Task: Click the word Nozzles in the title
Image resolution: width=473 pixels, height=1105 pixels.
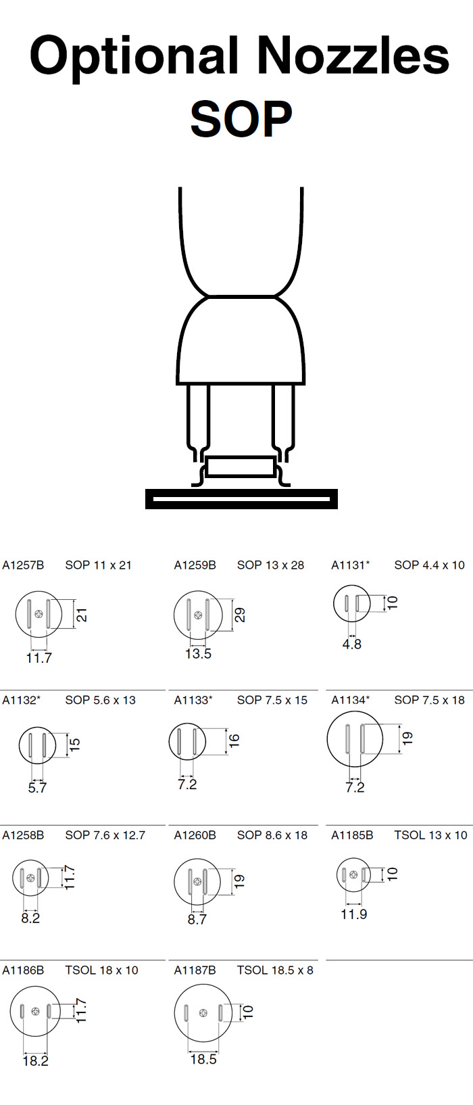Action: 353,55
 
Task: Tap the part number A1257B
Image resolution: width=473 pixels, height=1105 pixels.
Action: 23,565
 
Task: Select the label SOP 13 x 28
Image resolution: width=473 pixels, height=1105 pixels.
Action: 270,565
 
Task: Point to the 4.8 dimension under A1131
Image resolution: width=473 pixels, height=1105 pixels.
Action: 352,644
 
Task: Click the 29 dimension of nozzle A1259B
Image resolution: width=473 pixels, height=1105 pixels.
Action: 239,615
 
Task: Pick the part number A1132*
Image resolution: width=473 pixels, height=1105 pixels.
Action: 22,700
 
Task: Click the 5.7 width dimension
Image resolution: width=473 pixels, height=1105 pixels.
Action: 37,788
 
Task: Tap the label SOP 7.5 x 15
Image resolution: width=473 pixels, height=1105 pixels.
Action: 272,700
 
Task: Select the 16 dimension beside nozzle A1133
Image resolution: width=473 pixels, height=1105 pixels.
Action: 234,739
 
